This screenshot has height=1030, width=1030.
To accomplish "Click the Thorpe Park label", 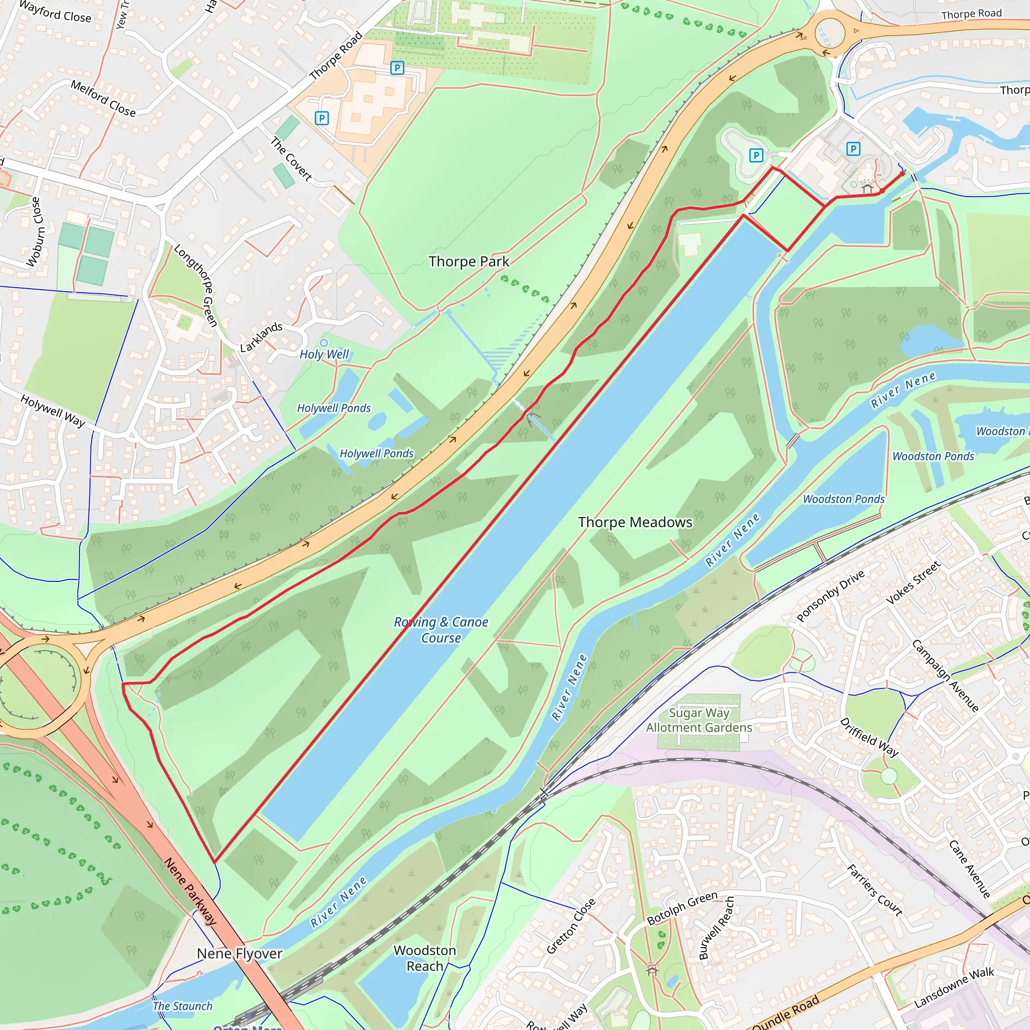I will pyautogui.click(x=469, y=262).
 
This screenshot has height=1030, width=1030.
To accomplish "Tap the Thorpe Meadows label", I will pyautogui.click(x=635, y=523).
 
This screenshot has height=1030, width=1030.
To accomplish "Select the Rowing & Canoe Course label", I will pyautogui.click(x=441, y=630).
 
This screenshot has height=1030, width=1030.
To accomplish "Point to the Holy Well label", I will pyautogui.click(x=324, y=354).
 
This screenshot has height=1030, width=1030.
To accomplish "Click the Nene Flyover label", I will pyautogui.click(x=239, y=953).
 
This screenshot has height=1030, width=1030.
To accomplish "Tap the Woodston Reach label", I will pyautogui.click(x=425, y=958).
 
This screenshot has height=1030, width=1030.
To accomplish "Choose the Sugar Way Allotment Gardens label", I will pyautogui.click(x=699, y=720).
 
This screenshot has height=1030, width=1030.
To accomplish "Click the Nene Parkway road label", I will pyautogui.click(x=190, y=891).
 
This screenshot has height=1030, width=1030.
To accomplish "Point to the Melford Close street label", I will pyautogui.click(x=104, y=99).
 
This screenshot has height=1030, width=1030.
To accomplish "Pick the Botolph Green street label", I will pyautogui.click(x=682, y=908).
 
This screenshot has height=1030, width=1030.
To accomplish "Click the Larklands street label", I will pyautogui.click(x=261, y=337).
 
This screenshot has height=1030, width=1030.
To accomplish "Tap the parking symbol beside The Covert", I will pyautogui.click(x=321, y=118).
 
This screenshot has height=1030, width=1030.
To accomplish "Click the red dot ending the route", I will pyautogui.click(x=902, y=174).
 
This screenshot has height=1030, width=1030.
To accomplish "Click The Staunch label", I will pyautogui.click(x=183, y=1005).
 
